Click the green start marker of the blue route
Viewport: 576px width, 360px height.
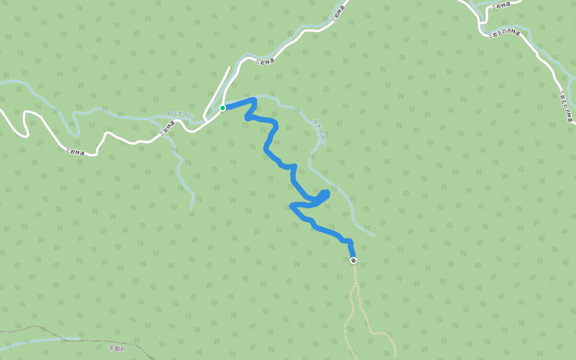(222, 108)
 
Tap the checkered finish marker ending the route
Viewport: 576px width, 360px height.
(353, 260)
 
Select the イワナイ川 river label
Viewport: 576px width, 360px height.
(180, 116)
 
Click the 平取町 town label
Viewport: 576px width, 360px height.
(118, 348)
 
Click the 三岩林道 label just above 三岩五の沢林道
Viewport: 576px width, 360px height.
(500, 5)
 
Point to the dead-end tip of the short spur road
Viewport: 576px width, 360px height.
(229, 67)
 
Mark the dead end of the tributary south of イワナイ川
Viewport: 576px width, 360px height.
(191, 208)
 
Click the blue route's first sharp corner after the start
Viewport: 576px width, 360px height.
(255, 100)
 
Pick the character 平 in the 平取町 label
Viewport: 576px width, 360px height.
(111, 348)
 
